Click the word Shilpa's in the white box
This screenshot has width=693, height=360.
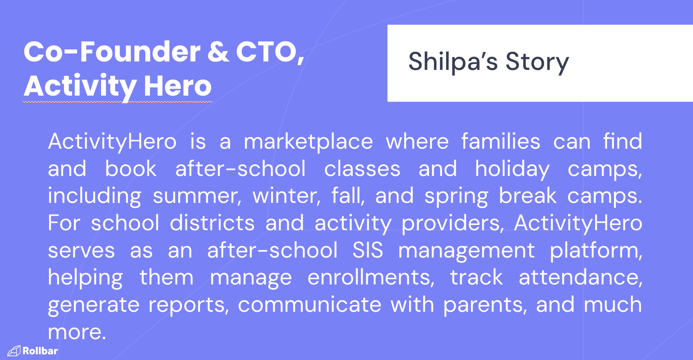click(453, 62)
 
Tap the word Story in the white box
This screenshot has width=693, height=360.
click(537, 63)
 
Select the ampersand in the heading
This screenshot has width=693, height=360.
click(218, 52)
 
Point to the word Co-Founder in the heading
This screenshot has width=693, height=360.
click(112, 52)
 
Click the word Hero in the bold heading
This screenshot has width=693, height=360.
click(177, 86)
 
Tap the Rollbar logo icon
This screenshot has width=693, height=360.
click(14, 351)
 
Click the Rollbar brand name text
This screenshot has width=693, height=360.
click(40, 351)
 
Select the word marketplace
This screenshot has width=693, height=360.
click(308, 141)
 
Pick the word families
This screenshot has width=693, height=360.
click(501, 141)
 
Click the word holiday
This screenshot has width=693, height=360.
click(512, 169)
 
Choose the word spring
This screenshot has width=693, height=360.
click(456, 196)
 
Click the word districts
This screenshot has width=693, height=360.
click(212, 223)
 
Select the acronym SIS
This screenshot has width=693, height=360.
click(368, 250)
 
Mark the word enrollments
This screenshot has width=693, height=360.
click(371, 277)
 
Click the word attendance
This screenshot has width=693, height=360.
click(580, 277)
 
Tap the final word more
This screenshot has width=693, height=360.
click(77, 332)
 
